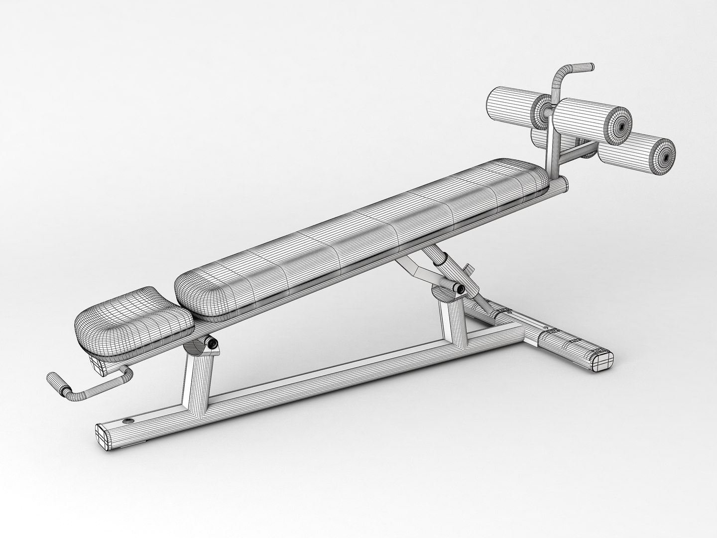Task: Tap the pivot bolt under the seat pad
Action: click(213, 344)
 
